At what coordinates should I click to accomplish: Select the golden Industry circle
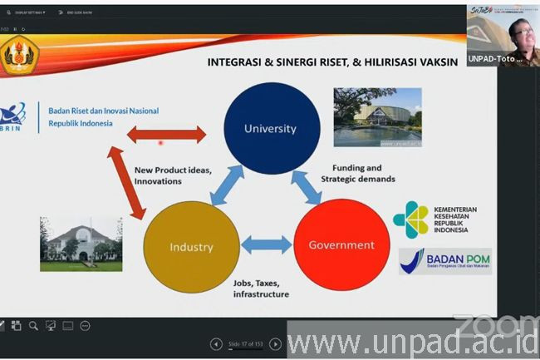coord(192,246)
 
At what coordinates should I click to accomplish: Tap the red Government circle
coord(341,244)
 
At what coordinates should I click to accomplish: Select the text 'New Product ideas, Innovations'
coord(173,175)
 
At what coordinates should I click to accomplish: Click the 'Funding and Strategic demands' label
coord(357,173)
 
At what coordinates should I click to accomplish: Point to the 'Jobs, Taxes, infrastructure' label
coord(261,288)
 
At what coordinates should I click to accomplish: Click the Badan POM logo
coord(444,261)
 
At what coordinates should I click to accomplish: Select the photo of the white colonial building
coord(81,244)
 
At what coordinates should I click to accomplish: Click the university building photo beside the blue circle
coord(376,117)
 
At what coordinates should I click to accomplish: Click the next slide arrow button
coord(275,344)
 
